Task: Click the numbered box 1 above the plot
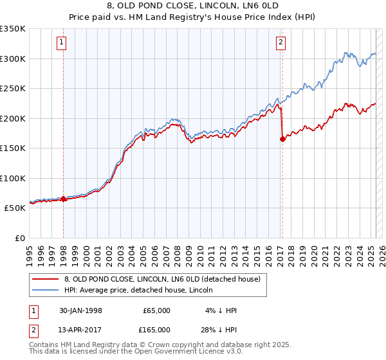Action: coord(61,43)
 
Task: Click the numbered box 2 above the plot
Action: coord(281,43)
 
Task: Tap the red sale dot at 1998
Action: coord(64,199)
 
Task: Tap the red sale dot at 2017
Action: coord(282,139)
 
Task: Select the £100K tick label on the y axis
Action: coord(12,179)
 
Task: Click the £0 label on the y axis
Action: coord(19,239)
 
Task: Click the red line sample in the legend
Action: coord(45,280)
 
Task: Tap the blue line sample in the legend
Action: coord(45,291)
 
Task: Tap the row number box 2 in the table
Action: coord(33,329)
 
